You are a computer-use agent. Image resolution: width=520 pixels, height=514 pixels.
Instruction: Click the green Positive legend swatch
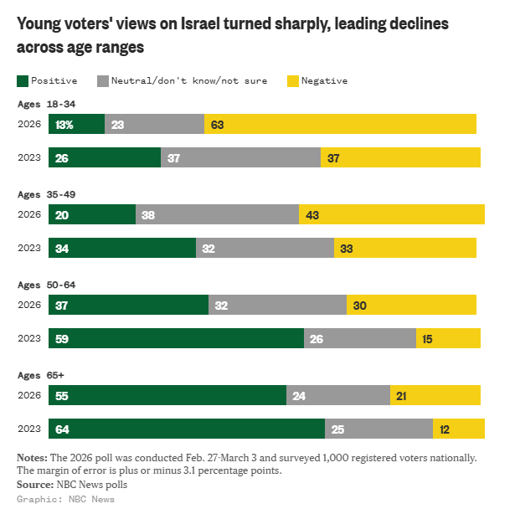[22, 81]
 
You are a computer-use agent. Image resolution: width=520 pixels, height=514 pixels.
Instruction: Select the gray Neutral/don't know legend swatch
[104, 81]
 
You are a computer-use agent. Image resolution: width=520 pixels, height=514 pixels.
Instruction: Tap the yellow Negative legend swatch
[292, 81]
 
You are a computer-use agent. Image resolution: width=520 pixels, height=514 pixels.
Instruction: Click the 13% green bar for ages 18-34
[76, 124]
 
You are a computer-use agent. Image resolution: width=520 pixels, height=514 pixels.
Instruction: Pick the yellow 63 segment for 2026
[340, 124]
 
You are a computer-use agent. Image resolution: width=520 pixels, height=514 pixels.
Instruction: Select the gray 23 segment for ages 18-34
[154, 124]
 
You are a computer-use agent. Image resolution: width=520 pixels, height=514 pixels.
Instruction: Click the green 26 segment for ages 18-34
[105, 157]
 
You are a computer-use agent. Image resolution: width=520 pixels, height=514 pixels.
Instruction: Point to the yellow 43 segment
[391, 214]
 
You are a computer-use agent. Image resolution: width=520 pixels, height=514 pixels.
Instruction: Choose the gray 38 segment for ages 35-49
[217, 214]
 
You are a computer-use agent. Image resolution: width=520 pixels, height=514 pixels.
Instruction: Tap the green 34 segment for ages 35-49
[122, 248]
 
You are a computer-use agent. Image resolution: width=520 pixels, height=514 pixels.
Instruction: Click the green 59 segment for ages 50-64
[176, 338]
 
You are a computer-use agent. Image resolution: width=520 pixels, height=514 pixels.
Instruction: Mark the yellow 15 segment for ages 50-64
[448, 338]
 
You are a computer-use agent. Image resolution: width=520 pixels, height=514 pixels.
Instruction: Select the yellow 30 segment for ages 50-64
[411, 305]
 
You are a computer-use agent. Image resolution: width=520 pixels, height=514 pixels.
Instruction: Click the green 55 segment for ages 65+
[167, 395]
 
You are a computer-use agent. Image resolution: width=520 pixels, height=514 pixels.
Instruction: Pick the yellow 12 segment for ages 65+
[458, 429]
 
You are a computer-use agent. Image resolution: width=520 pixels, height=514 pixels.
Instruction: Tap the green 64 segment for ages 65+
[187, 429]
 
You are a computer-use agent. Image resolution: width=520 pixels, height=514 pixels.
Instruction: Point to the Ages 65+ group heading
[39, 375]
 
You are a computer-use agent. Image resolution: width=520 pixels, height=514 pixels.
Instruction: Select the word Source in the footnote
[34, 484]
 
